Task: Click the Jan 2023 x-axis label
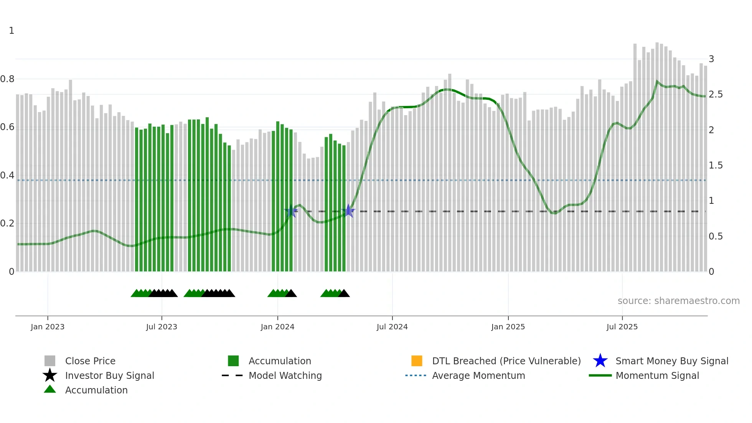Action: (x=48, y=327)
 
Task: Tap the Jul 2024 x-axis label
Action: (x=392, y=327)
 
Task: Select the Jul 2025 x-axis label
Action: (x=622, y=327)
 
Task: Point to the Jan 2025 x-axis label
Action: (x=508, y=327)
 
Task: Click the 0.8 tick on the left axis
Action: (x=7, y=79)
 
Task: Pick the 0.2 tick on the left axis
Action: (x=7, y=223)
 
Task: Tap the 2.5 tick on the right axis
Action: (x=716, y=94)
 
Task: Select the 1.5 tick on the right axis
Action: (x=716, y=165)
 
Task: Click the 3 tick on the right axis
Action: (x=711, y=59)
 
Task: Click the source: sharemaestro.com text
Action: (x=678, y=301)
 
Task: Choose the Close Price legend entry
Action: (x=90, y=361)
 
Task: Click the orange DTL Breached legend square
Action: (x=417, y=361)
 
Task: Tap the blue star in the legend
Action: (x=600, y=361)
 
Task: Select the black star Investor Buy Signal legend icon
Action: (x=50, y=375)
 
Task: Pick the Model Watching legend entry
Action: (x=285, y=375)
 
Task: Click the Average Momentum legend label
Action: (x=478, y=375)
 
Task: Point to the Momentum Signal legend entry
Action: (x=657, y=375)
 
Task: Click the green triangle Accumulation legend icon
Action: (x=50, y=389)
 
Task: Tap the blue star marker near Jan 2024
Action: (x=291, y=211)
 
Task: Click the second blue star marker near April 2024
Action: (x=348, y=211)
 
